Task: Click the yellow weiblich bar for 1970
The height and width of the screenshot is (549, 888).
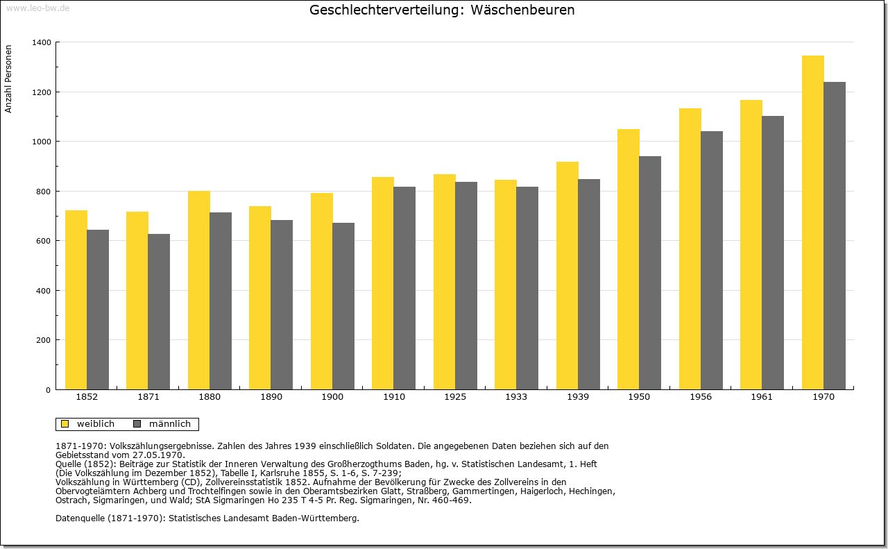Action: pyautogui.click(x=812, y=223)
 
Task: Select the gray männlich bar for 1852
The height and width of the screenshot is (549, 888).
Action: pyautogui.click(x=98, y=310)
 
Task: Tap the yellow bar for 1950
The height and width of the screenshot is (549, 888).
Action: pyautogui.click(x=629, y=260)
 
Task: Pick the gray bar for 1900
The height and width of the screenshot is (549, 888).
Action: pyautogui.click(x=343, y=306)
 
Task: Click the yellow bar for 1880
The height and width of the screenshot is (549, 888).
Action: pyautogui.click(x=199, y=290)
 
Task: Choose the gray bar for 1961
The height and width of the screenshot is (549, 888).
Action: pyautogui.click(x=773, y=253)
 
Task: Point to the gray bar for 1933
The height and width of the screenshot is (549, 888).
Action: pyautogui.click(x=527, y=289)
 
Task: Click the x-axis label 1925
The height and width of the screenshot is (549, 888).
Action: pyautogui.click(x=455, y=397)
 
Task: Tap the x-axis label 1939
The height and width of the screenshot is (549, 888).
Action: pyautogui.click(x=578, y=397)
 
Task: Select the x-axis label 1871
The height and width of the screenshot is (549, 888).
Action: pyautogui.click(x=148, y=397)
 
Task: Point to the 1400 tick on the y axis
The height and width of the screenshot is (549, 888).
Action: pyautogui.click(x=42, y=42)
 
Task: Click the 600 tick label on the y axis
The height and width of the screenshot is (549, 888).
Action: pyautogui.click(x=44, y=241)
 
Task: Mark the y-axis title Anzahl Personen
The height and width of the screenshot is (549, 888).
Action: pyautogui.click(x=8, y=79)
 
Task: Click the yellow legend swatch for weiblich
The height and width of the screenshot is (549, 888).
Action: pyautogui.click(x=65, y=423)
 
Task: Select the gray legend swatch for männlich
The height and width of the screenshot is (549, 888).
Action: pyautogui.click(x=137, y=423)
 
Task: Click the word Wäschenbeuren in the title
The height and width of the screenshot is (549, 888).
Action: pyautogui.click(x=522, y=10)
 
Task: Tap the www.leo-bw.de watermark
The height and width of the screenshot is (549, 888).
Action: pyautogui.click(x=37, y=8)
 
